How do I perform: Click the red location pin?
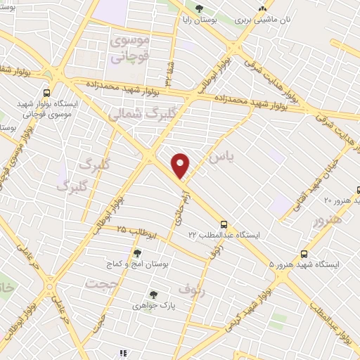[x=181, y=165]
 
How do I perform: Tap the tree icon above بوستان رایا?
[x=200, y=8]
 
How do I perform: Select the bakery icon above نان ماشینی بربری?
[x=262, y=8]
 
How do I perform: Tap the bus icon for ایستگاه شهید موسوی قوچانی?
[x=46, y=93]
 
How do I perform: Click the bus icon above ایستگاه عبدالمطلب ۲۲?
[x=224, y=220]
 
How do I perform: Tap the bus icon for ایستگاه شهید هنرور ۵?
[x=304, y=253]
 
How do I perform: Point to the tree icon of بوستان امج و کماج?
[x=137, y=252]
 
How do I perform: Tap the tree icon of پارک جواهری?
[x=153, y=295]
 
